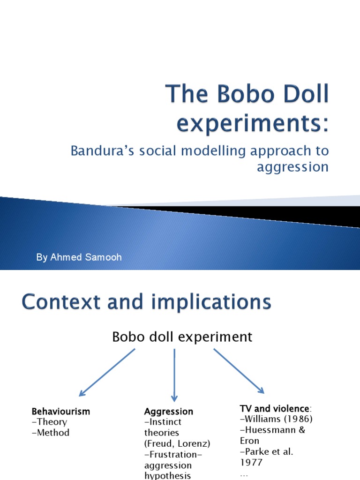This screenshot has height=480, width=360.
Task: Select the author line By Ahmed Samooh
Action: point(79,258)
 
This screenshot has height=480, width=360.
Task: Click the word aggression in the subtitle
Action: point(292,167)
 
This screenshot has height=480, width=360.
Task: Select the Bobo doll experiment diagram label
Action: point(182,337)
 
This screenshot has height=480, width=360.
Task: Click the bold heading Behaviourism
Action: point(60,412)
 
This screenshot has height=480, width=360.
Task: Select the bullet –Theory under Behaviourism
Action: point(49,422)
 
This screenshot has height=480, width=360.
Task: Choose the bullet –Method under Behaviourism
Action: point(51,433)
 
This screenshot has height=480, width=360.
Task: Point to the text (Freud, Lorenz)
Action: point(177,443)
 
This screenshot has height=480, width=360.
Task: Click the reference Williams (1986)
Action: point(277,419)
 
